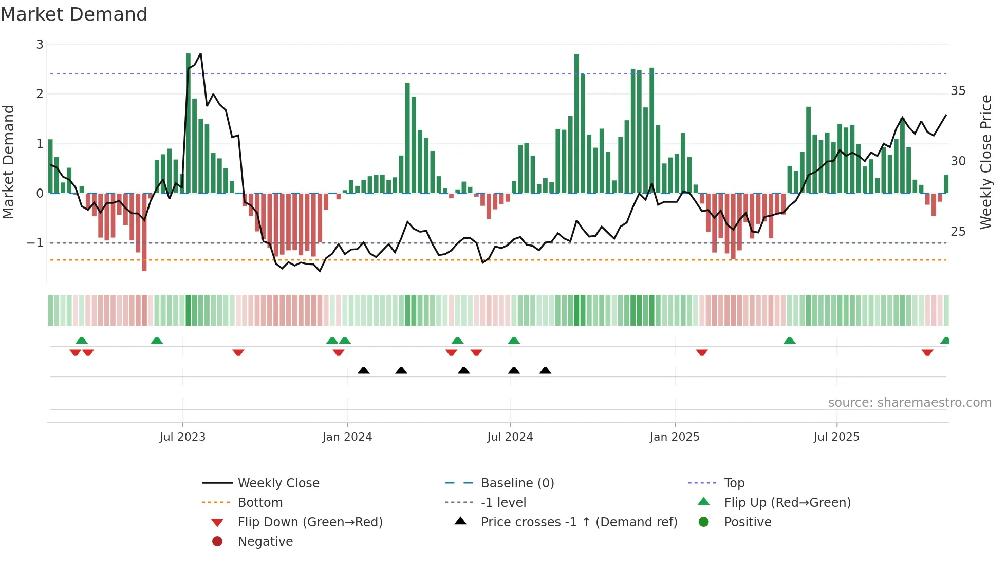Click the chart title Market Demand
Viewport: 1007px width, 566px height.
[74, 14]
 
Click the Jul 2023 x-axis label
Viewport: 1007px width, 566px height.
[182, 437]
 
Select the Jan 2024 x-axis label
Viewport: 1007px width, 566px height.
[347, 437]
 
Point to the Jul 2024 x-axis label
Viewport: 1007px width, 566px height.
[510, 437]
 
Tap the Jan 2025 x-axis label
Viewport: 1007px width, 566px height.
[675, 437]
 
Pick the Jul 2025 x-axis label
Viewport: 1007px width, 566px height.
[836, 437]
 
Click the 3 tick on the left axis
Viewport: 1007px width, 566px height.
[40, 45]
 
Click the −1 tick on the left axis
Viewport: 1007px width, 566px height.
[35, 243]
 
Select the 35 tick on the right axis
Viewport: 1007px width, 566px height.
[958, 91]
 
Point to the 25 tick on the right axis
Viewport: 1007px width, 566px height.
[958, 232]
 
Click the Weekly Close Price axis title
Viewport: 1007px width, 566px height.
[986, 162]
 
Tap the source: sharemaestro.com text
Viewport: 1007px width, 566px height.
[909, 403]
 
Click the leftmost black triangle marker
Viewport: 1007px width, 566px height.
[364, 370]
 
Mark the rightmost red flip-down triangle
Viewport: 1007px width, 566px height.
[927, 352]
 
